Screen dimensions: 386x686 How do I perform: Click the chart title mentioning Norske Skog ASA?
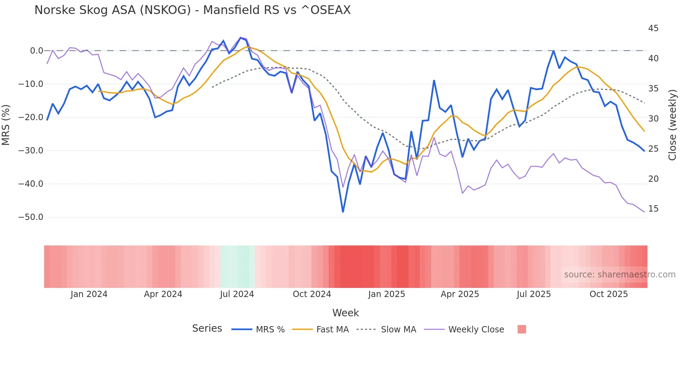[192, 10]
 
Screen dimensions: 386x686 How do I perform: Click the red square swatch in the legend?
[521, 329]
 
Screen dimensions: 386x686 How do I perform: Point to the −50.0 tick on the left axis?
[31, 217]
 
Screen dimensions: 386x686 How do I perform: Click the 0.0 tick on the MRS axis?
[36, 51]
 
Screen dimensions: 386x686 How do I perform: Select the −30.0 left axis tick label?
[31, 151]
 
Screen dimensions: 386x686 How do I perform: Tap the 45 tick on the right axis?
[653, 28]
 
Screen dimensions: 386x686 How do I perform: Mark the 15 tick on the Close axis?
[653, 209]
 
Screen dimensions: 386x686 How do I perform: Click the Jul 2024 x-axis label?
[237, 294]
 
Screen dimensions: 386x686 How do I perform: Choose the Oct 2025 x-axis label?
[609, 294]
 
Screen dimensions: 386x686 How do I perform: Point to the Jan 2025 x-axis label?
[386, 294]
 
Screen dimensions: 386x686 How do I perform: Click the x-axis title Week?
[345, 313]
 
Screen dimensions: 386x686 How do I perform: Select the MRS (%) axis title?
[6, 125]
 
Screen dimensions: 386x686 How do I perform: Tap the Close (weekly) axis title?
[672, 125]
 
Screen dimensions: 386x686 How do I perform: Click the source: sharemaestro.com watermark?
[619, 275]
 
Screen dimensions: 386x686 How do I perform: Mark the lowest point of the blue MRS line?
[343, 212]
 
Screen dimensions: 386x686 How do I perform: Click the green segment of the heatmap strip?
[238, 267]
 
